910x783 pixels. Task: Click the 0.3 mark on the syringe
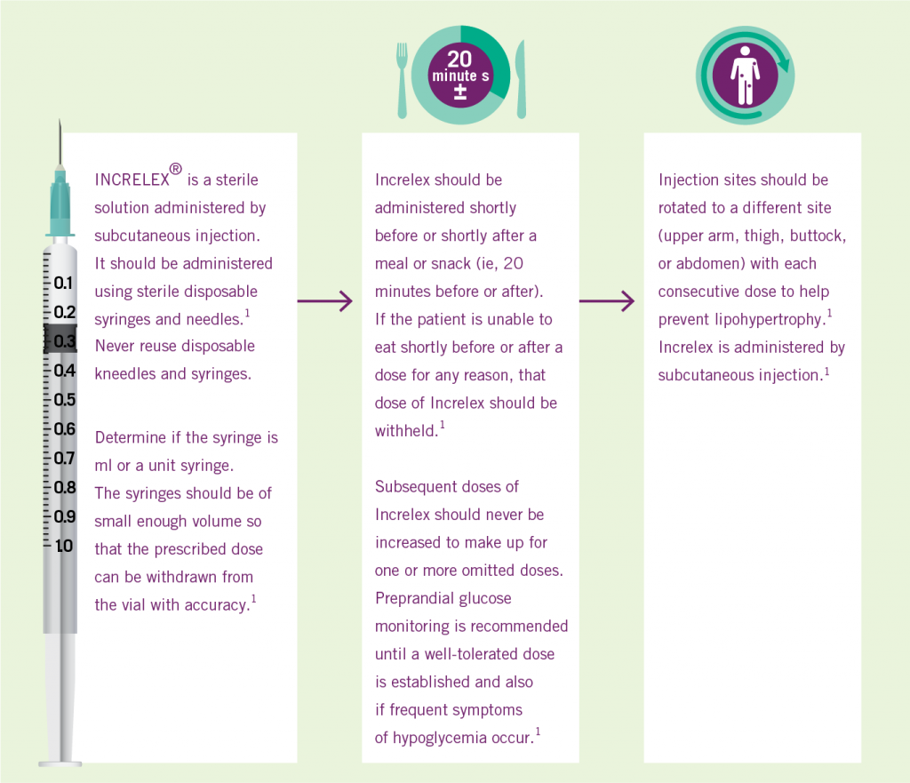pos(64,341)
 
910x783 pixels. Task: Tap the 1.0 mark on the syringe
pos(64,547)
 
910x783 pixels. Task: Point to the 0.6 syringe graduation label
pos(64,429)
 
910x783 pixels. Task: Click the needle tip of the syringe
pos(60,120)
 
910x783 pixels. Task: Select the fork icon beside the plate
pos(402,80)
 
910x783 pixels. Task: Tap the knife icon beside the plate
pos(521,79)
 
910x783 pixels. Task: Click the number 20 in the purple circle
pos(459,59)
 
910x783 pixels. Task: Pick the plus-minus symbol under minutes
pos(460,92)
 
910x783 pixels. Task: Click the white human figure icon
pos(746,76)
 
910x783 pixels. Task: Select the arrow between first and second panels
pos(325,300)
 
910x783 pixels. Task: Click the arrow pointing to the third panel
pos(606,300)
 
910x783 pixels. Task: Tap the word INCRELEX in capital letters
pos(132,180)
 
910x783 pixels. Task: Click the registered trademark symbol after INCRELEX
pos(176,169)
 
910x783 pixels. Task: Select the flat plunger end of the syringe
pos(60,763)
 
